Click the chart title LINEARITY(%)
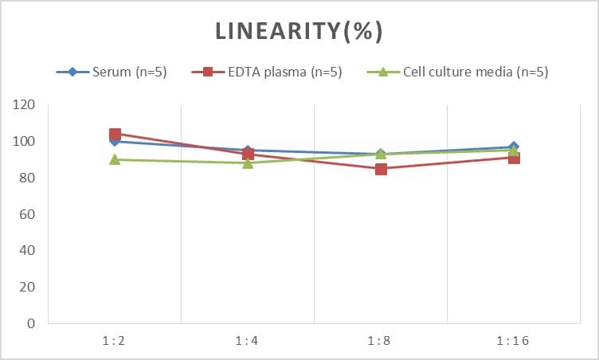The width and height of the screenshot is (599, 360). [x=299, y=31]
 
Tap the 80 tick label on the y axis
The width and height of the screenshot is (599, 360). [x=28, y=178]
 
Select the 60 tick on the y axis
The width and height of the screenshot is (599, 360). [x=28, y=214]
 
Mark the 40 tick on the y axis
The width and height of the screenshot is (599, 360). [x=28, y=251]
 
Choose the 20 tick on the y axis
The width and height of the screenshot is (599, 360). [x=28, y=288]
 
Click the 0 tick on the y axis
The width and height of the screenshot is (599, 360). [x=31, y=324]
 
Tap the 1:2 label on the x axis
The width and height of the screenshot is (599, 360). [x=115, y=341]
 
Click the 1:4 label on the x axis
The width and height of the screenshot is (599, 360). [x=248, y=341]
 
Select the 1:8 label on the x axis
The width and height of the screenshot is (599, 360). [x=381, y=341]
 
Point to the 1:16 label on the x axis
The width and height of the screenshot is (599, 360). [x=514, y=341]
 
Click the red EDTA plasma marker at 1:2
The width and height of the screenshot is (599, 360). [x=115, y=134]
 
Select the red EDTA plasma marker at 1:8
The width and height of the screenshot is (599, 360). [x=381, y=169]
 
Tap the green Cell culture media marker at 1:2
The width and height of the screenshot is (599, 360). [x=115, y=159]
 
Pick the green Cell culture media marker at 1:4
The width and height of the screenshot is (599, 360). [x=248, y=162]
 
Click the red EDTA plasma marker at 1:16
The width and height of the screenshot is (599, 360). [x=514, y=158]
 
